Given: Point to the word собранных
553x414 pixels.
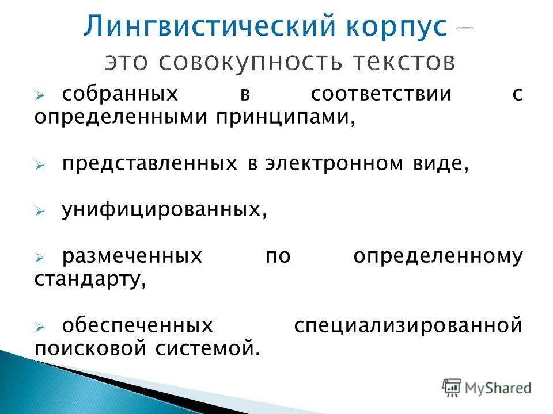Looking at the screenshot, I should [119, 94].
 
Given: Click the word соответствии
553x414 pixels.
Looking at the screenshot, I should [381, 94].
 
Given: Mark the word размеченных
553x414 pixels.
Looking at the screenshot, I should [132, 256].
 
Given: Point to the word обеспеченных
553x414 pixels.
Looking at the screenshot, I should [138, 326].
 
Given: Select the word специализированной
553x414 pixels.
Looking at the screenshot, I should [408, 326].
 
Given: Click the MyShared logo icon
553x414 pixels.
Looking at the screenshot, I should [452, 388].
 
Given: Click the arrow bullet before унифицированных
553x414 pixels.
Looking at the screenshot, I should [39, 212].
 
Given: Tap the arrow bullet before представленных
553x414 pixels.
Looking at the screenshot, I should [39, 165].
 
